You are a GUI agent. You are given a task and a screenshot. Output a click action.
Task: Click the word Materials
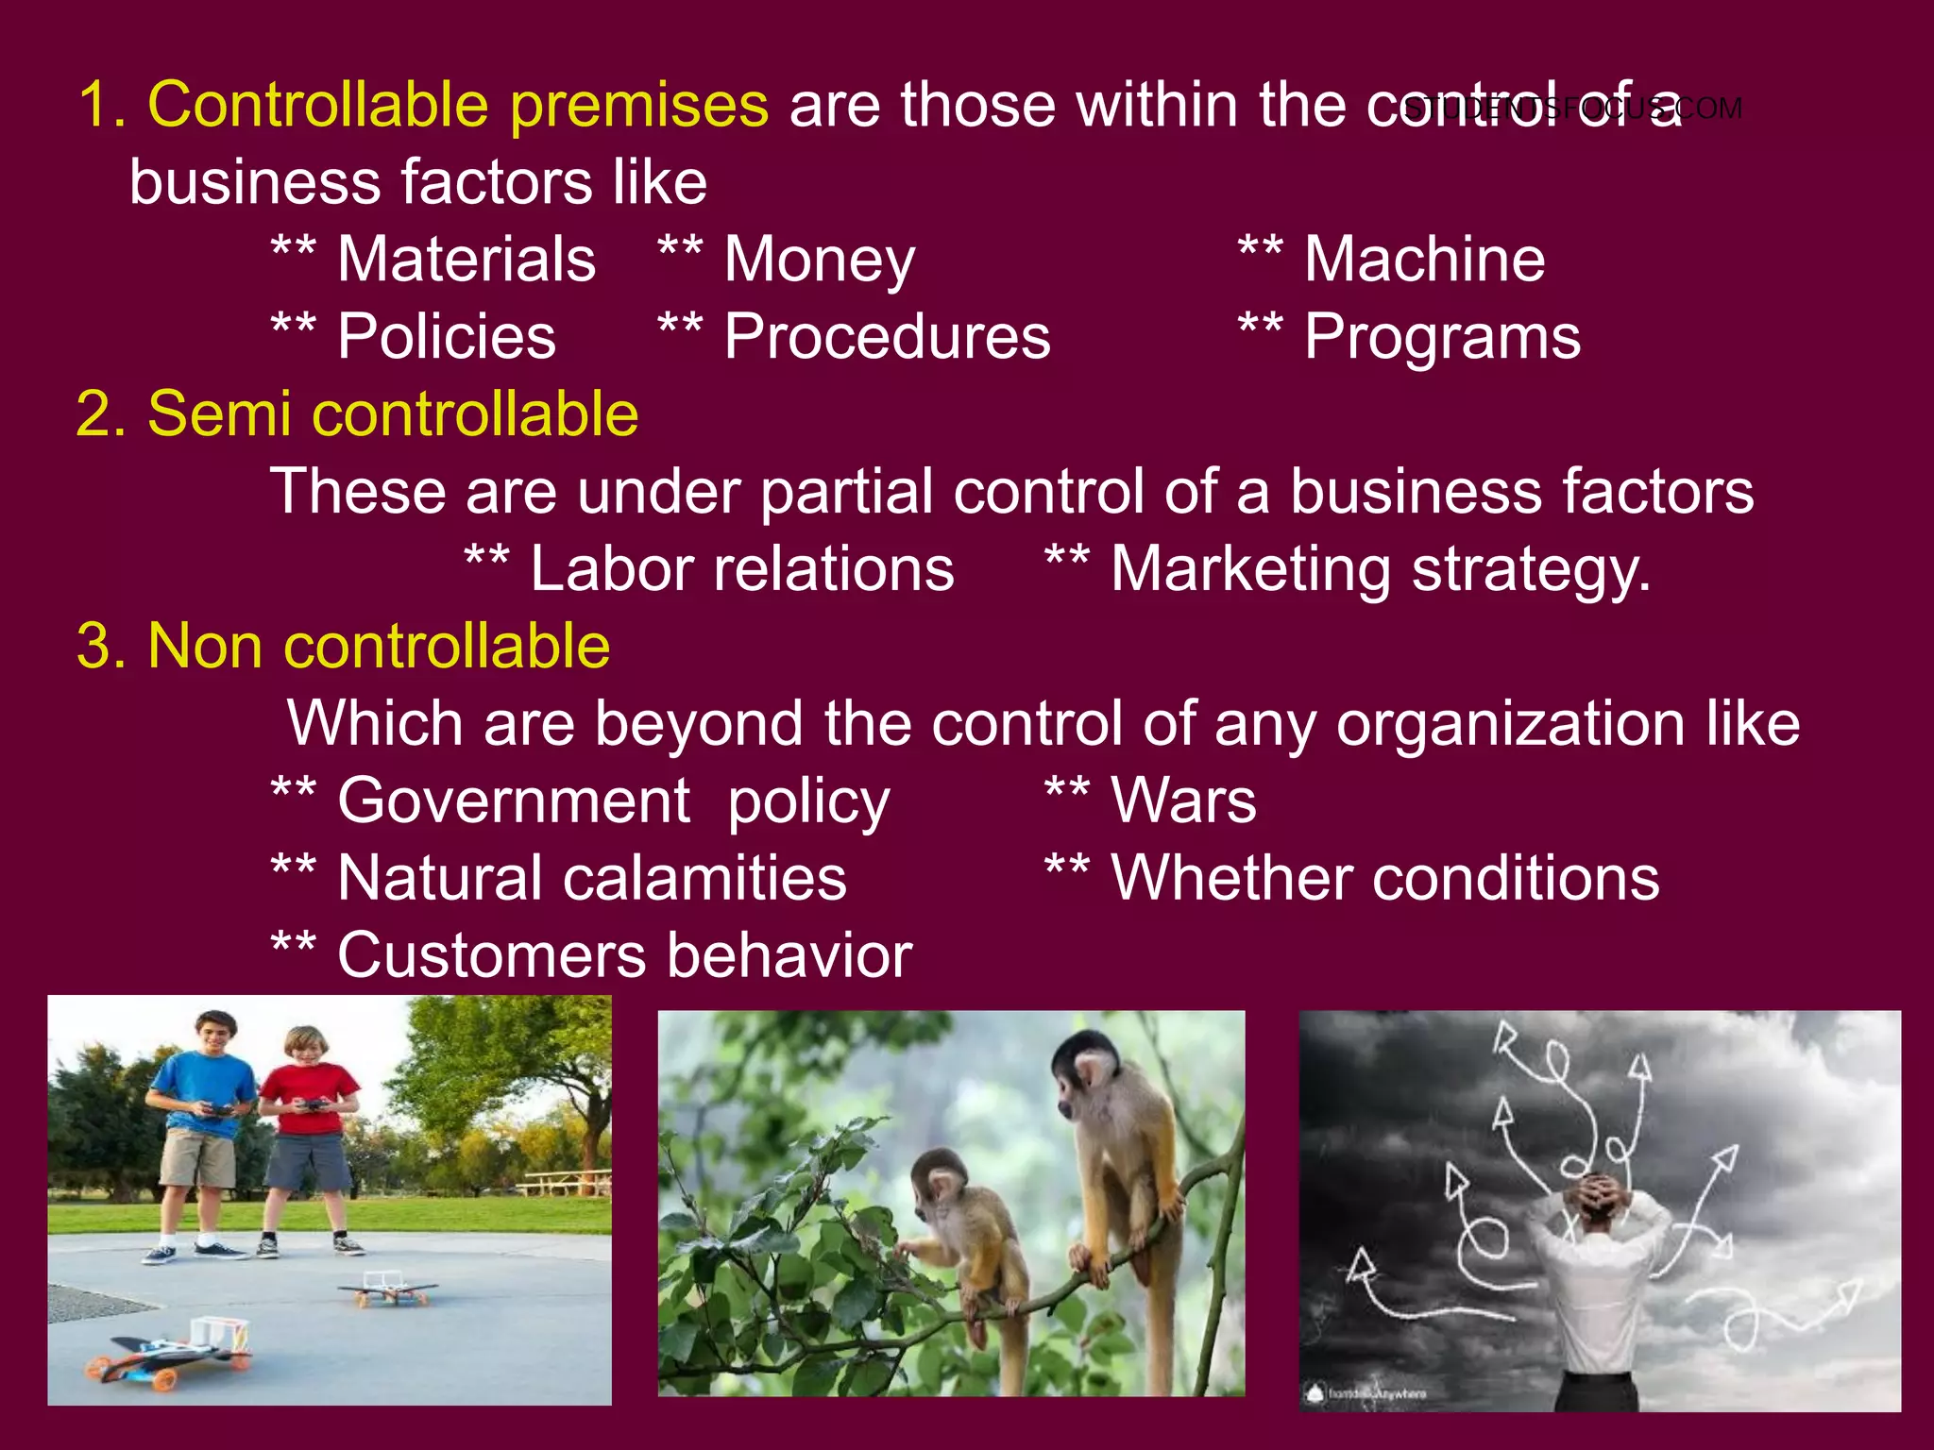[467, 260]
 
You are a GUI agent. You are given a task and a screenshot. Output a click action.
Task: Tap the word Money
[819, 260]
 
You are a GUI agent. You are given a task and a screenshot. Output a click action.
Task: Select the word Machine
[1424, 260]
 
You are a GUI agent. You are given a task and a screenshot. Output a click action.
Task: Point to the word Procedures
[887, 337]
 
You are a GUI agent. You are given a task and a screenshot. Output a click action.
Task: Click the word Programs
[1442, 337]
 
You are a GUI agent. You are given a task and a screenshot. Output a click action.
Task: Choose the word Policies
[447, 337]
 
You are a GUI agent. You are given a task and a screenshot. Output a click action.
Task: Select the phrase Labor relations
[742, 569]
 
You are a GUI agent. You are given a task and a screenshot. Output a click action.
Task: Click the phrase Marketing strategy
[1381, 569]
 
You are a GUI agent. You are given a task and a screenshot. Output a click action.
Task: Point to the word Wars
[1183, 801]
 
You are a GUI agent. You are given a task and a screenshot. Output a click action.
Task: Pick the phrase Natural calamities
[592, 879]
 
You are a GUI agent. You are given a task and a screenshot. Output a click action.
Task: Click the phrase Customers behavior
[624, 955]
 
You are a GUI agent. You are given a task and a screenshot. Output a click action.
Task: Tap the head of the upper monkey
[1087, 1067]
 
